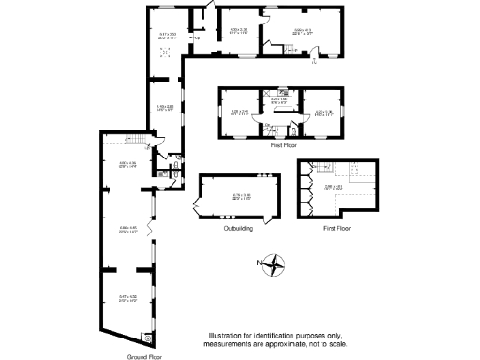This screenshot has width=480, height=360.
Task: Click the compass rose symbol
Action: pos(274,263)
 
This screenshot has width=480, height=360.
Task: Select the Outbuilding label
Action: pos(240,229)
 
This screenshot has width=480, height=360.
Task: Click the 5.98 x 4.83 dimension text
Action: pos(334,187)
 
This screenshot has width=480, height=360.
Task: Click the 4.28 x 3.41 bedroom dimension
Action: pos(238,112)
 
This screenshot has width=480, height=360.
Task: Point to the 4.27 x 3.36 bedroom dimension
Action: pos(323,112)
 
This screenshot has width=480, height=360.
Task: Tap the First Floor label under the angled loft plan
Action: pos(336,229)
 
